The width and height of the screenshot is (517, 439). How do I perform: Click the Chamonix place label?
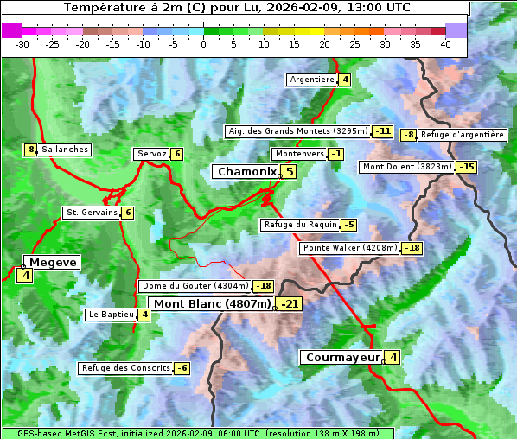point(246,172)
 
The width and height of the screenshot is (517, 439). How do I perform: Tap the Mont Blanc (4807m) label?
point(212,304)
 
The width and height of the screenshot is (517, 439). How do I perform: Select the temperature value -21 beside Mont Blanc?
point(290,304)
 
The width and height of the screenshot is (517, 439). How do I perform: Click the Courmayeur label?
point(342,357)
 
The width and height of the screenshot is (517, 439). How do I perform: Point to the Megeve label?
point(53,262)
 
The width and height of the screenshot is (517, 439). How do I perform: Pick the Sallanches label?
point(65,150)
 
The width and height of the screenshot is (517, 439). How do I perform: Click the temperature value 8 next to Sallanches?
point(31,150)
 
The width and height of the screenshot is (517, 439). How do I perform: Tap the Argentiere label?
point(312,80)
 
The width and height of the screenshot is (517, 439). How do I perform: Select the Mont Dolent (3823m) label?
point(407,167)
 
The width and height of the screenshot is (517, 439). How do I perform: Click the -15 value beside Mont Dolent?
point(467,167)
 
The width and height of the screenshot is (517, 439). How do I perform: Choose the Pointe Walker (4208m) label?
point(350,248)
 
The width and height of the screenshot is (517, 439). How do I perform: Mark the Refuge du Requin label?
point(300,225)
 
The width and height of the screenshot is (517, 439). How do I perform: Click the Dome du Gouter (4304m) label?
point(195,286)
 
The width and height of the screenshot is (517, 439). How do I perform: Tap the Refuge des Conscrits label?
point(126,368)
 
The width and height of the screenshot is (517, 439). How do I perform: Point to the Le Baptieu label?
point(111,315)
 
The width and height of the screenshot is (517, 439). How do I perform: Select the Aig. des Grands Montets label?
point(297,131)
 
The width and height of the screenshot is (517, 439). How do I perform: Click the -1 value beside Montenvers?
point(335,154)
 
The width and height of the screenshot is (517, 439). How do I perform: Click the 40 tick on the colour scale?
point(445,43)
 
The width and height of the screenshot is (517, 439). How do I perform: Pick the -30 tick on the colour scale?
point(22,43)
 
